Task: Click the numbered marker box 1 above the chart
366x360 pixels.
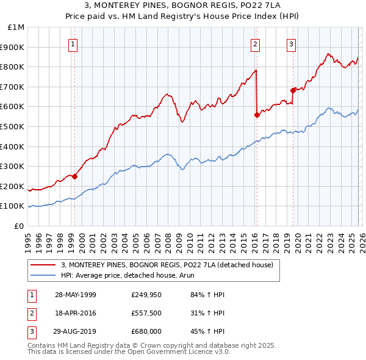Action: (x=73, y=43)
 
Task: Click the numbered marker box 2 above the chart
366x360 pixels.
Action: (x=254, y=43)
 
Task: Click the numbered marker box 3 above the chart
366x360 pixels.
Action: (x=291, y=43)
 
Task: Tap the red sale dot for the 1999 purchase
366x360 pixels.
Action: (x=74, y=177)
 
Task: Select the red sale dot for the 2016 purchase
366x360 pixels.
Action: (x=256, y=115)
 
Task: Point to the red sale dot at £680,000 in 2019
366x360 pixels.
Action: (x=293, y=90)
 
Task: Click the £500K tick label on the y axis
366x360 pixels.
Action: (x=12, y=126)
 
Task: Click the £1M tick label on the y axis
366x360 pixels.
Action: (x=16, y=27)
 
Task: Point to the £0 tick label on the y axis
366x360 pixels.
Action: (x=20, y=226)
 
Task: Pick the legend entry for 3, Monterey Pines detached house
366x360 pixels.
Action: (x=170, y=265)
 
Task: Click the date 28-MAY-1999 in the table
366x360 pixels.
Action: (x=76, y=295)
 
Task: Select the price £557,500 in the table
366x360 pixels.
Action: (x=146, y=313)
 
